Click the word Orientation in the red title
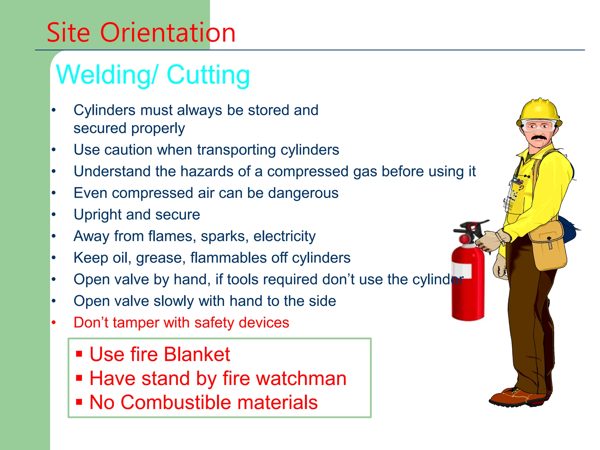tap(168, 33)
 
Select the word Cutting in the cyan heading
tap(208, 75)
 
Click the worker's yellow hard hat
tap(539, 111)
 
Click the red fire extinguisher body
tap(468, 296)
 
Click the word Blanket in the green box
tap(197, 354)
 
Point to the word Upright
tap(98, 215)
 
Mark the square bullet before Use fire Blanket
tap(79, 354)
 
